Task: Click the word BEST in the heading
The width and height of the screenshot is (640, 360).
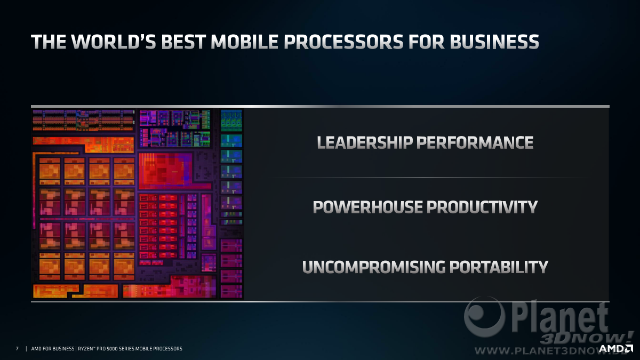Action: (183, 42)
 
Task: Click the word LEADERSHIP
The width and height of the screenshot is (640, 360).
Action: (365, 142)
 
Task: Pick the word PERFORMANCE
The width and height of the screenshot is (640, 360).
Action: (475, 142)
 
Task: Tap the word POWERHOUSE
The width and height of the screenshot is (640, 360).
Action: (367, 207)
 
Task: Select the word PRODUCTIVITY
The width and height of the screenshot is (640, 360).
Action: (482, 207)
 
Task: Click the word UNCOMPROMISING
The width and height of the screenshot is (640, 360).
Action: (374, 267)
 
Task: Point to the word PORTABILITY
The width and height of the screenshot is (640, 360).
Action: (499, 267)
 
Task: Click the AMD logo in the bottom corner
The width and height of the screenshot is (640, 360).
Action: (616, 349)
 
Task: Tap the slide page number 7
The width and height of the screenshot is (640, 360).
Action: (17, 349)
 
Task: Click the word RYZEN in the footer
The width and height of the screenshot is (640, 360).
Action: (85, 349)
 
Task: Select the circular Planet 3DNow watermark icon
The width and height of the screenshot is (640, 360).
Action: (484, 317)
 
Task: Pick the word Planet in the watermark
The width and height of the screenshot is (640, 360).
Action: (559, 317)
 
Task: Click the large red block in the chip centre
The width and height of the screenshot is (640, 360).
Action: (166, 171)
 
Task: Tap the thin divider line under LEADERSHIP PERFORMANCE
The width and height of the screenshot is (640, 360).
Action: (429, 178)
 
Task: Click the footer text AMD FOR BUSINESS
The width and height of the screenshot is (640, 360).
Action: (53, 349)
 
